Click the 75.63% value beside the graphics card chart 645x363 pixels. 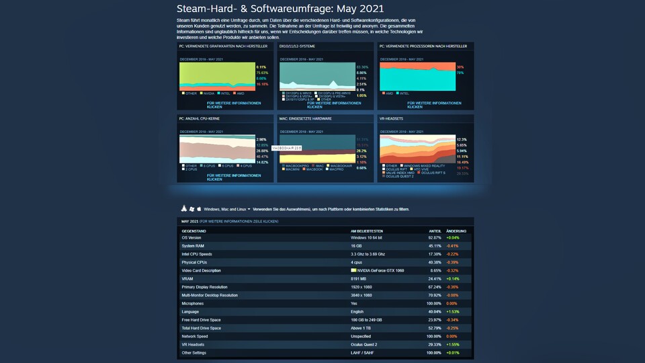point(261,73)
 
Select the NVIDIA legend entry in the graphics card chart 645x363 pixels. point(208,93)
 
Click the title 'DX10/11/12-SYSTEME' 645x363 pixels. point(298,46)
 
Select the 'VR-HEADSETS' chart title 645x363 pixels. point(392,118)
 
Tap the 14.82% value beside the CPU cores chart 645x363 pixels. point(262,162)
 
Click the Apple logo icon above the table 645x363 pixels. point(199,209)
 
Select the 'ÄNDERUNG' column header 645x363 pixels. point(456,231)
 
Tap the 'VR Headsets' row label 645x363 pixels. point(194,344)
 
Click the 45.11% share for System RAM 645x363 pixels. point(435,246)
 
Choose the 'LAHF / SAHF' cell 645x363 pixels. point(363,352)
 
